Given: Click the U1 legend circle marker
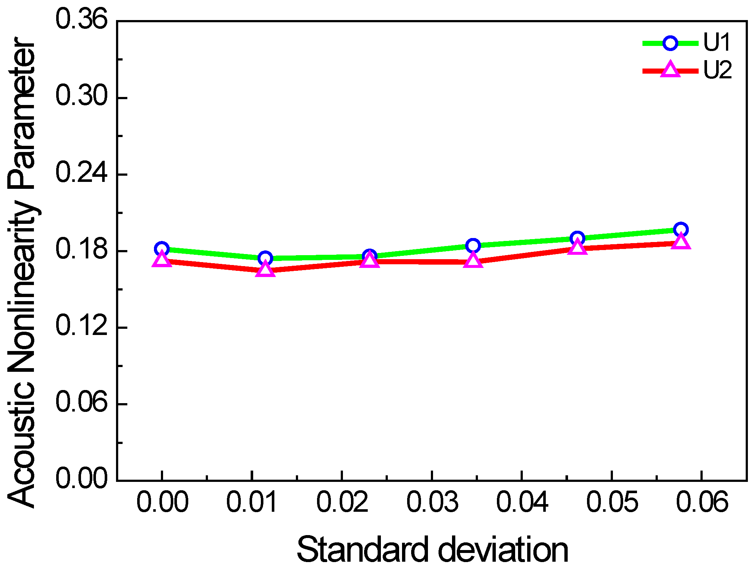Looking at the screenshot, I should [670, 43].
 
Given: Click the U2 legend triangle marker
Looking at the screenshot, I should [671, 70].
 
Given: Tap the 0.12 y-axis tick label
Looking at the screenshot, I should [82, 326].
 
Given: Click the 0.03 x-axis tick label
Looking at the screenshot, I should [432, 502].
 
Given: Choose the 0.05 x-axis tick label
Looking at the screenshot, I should [612, 502].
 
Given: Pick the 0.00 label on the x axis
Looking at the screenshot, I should [162, 502].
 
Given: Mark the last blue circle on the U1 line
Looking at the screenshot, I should [681, 230].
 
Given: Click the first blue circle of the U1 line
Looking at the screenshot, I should [162, 249].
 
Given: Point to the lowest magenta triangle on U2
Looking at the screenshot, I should [265, 270].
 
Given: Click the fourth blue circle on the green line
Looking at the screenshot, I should [473, 246].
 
